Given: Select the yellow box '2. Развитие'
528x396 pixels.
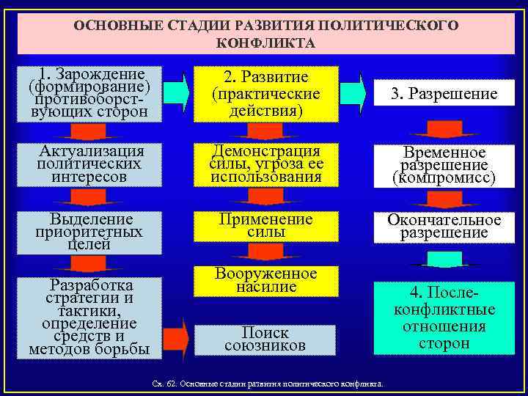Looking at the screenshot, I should point(265,94).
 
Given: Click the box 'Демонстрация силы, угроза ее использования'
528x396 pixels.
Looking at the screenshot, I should point(265,163).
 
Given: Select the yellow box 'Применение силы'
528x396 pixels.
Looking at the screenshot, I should point(265,226).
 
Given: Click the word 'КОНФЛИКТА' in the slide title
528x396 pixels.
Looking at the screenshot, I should point(265,43).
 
